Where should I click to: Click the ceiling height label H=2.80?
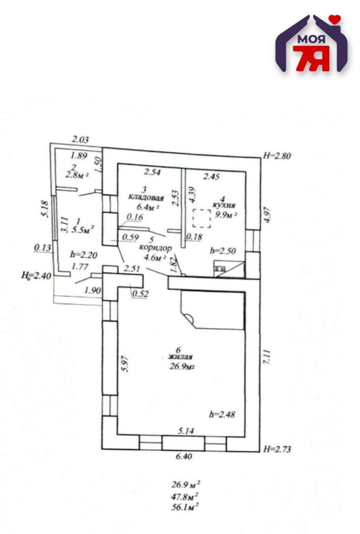(x=277, y=156)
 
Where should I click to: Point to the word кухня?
(x=224, y=204)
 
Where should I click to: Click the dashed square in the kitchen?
(x=201, y=218)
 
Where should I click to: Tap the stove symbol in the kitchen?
(x=220, y=268)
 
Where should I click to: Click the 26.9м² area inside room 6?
(x=181, y=366)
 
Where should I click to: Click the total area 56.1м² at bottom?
(x=185, y=506)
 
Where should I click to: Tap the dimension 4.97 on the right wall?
(x=267, y=215)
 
